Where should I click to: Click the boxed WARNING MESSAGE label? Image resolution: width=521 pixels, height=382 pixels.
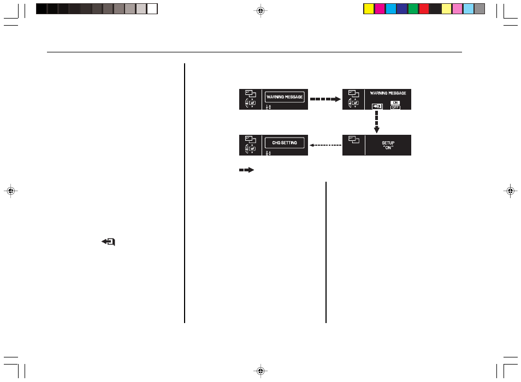(x=285, y=97)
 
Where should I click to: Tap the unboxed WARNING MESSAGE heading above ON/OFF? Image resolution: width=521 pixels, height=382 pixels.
(x=388, y=93)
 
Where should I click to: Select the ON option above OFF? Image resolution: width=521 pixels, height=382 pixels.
(x=395, y=103)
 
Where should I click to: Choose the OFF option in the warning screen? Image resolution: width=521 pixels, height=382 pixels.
(x=395, y=108)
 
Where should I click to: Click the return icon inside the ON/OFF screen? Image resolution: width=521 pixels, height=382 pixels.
(x=377, y=106)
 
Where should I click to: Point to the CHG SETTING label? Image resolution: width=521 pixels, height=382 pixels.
(x=285, y=143)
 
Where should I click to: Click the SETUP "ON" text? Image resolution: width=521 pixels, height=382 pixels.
(x=388, y=145)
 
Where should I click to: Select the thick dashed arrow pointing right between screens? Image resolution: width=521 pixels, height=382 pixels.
(x=325, y=99)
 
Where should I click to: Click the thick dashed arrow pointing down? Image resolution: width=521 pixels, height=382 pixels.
(x=376, y=122)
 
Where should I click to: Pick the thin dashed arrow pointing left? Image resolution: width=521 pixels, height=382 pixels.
(x=325, y=145)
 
